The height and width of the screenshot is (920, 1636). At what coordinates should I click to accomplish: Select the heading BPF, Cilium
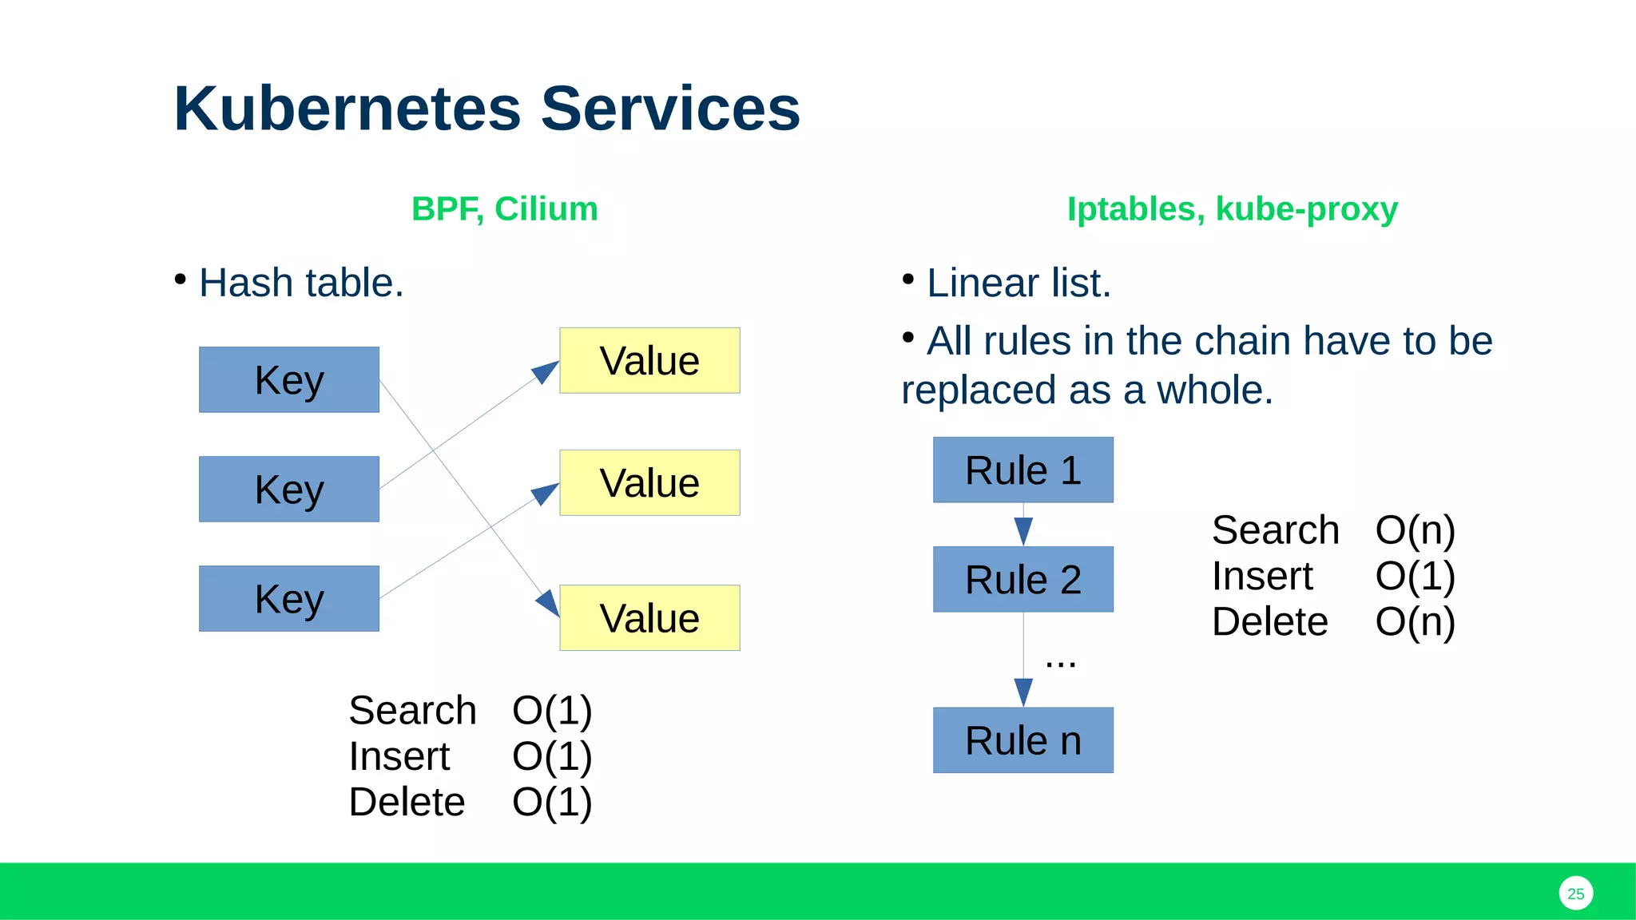pyautogui.click(x=504, y=209)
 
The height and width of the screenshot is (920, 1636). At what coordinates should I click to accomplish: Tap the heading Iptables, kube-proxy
pyautogui.click(x=1232, y=209)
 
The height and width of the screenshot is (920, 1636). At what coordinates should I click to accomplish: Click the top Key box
pyautogui.click(x=289, y=380)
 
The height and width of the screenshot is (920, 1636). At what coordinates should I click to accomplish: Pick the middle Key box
pyautogui.click(x=289, y=490)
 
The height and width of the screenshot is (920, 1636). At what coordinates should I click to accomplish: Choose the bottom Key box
pyautogui.click(x=289, y=599)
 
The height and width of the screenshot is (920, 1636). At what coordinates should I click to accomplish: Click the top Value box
pyautogui.click(x=649, y=361)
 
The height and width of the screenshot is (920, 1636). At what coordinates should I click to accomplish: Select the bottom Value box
pyautogui.click(x=649, y=618)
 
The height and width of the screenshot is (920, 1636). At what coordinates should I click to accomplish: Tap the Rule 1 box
pyautogui.click(x=1022, y=470)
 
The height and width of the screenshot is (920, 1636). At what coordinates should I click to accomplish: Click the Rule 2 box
pyautogui.click(x=1022, y=580)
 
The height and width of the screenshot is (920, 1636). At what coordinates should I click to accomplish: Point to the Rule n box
pyautogui.click(x=1022, y=740)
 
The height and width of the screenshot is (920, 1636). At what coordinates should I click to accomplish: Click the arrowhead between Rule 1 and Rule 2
pyautogui.click(x=1023, y=531)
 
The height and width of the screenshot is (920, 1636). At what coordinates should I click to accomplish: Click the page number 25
pyautogui.click(x=1575, y=894)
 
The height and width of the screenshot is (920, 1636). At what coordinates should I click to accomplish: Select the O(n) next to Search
pyautogui.click(x=1415, y=530)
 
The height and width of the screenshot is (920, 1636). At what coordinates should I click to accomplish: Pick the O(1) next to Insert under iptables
pyautogui.click(x=1415, y=576)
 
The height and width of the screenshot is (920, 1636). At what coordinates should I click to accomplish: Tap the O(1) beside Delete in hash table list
pyautogui.click(x=552, y=802)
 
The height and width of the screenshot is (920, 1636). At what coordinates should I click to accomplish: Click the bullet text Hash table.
pyautogui.click(x=301, y=283)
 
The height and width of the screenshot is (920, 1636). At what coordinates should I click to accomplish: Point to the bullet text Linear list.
pyautogui.click(x=1019, y=283)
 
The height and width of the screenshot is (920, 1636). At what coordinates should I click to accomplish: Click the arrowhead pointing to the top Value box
pyautogui.click(x=546, y=371)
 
